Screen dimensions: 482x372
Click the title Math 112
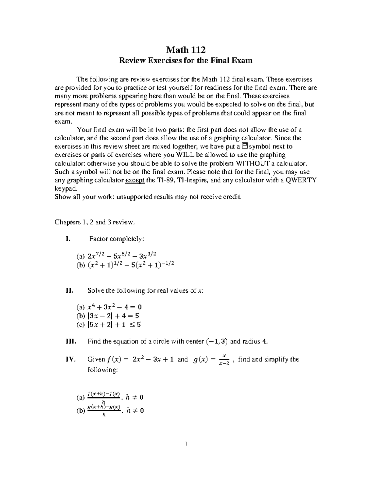pyautogui.click(x=186, y=50)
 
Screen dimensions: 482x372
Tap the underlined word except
pyautogui.click(x=135, y=180)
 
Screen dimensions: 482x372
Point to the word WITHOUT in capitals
pyautogui.click(x=252, y=163)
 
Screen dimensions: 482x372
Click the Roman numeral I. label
pyautogui.click(x=68, y=239)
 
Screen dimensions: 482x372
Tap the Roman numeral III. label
pyautogui.click(x=70, y=342)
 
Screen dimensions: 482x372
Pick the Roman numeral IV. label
pyautogui.click(x=70, y=359)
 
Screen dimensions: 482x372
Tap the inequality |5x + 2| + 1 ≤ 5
pyautogui.click(x=115, y=325)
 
